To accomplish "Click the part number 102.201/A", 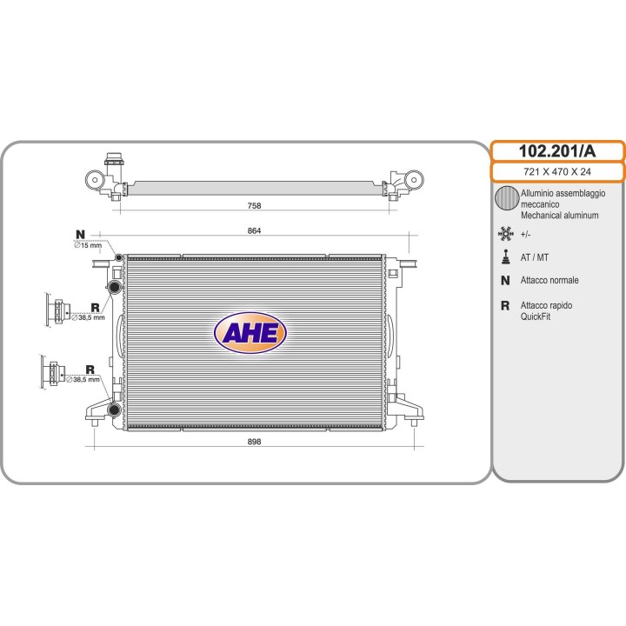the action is (557, 151).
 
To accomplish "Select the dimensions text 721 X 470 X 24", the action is (557, 171).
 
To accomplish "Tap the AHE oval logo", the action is (250, 332).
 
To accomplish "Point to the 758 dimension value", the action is (254, 205).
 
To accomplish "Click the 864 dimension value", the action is (254, 230).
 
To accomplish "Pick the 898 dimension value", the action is (254, 442).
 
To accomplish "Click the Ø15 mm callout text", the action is (88, 245).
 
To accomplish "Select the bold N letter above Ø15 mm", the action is (80, 235).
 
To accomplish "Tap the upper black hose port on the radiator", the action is (115, 286).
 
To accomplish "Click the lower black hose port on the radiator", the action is (114, 410).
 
